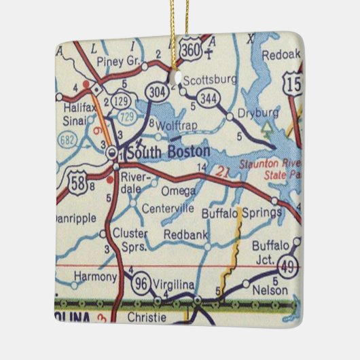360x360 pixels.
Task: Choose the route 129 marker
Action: pyautogui.click(x=122, y=101)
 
